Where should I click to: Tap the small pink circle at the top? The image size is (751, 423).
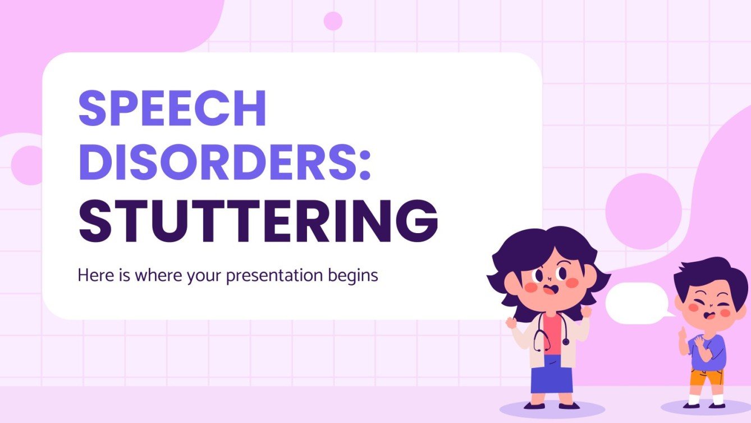click(333, 21)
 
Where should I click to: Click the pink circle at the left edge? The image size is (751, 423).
click(26, 165)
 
